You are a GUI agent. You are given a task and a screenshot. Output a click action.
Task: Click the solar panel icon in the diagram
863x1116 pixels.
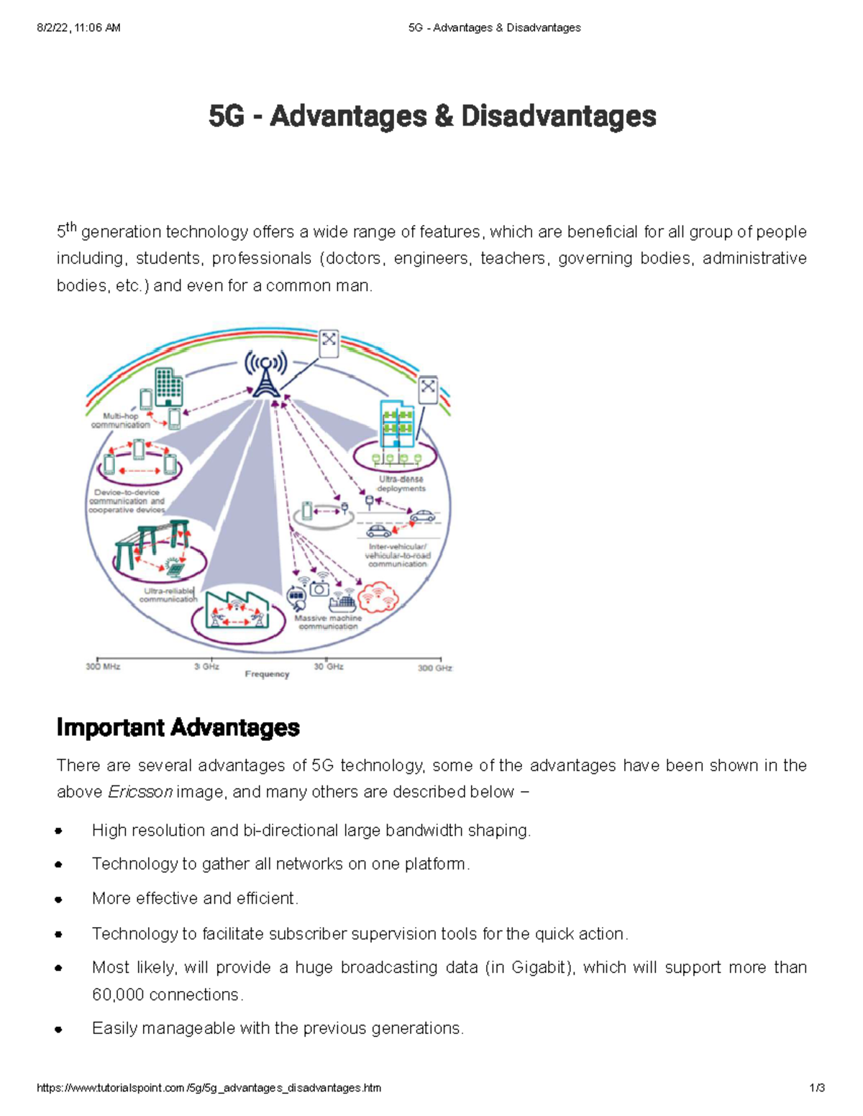click(174, 568)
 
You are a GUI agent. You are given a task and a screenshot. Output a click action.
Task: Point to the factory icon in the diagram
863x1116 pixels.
click(237, 610)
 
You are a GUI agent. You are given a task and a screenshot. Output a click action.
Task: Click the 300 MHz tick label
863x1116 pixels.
click(103, 667)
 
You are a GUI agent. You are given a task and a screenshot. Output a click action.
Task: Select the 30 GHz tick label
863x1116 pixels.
click(329, 667)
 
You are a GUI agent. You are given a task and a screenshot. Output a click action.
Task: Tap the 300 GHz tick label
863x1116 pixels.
click(434, 668)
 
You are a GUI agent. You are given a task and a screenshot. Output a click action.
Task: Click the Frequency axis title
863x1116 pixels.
click(267, 674)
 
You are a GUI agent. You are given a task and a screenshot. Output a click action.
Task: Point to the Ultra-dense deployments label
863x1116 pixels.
click(401, 484)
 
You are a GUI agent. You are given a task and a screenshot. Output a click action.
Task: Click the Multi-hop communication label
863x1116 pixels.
click(121, 420)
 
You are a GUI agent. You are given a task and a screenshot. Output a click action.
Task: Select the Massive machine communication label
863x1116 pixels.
click(328, 622)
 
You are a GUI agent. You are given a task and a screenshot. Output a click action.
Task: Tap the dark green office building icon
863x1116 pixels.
click(168, 387)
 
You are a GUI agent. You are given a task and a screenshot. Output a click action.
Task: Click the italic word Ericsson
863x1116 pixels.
click(140, 792)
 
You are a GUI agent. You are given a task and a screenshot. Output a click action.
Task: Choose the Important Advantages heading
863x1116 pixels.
click(178, 727)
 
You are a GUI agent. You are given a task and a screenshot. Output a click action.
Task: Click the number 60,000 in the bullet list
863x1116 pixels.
click(119, 995)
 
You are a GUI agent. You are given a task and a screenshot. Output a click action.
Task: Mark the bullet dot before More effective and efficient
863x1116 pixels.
click(58, 899)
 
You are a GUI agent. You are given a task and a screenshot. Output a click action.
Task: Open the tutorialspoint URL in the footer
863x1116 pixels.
click(209, 1088)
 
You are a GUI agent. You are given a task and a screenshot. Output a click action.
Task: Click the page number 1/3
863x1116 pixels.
click(817, 1088)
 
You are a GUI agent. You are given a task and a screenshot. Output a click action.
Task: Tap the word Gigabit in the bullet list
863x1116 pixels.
click(539, 967)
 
